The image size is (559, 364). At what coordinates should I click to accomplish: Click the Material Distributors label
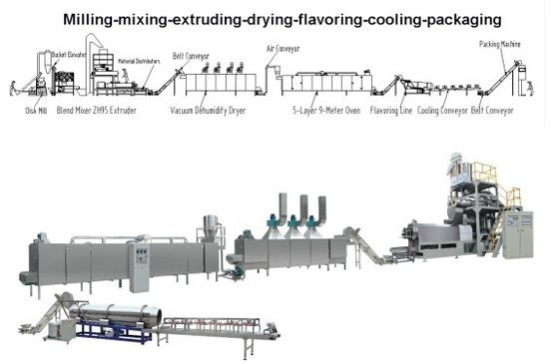(x=139, y=62)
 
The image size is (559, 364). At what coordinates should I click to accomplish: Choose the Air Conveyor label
(x=284, y=47)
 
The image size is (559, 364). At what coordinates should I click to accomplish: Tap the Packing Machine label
(x=499, y=44)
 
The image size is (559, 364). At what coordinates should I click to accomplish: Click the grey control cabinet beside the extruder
(x=517, y=233)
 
